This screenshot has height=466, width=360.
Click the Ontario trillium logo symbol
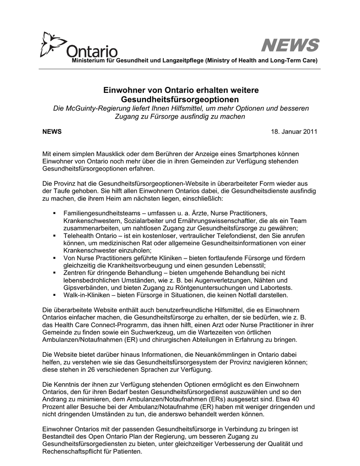[x=51, y=44]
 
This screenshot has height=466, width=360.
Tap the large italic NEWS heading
[x=289, y=46]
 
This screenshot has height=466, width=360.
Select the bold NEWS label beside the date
[x=52, y=132]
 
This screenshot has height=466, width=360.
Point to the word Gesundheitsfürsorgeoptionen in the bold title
[x=180, y=99]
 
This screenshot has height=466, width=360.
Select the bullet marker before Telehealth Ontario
[x=54, y=236]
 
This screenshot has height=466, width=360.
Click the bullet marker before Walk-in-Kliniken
[x=54, y=295]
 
